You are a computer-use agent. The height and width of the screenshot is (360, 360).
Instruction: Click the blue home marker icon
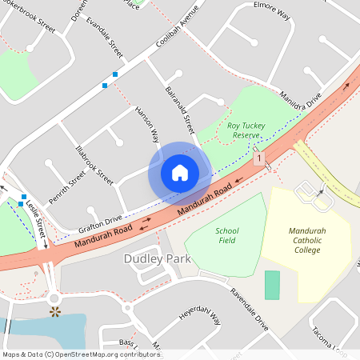coord(180,173)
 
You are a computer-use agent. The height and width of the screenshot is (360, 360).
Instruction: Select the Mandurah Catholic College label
coord(308,240)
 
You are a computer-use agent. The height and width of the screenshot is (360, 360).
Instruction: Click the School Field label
coord(227,235)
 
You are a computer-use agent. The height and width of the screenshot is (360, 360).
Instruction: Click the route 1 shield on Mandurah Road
coord(258,160)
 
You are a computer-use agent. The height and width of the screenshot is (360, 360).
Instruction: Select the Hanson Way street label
coord(147,124)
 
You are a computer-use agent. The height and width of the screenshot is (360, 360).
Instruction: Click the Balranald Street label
coord(179,110)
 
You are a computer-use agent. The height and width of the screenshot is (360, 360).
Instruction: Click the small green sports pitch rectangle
coord(273,286)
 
